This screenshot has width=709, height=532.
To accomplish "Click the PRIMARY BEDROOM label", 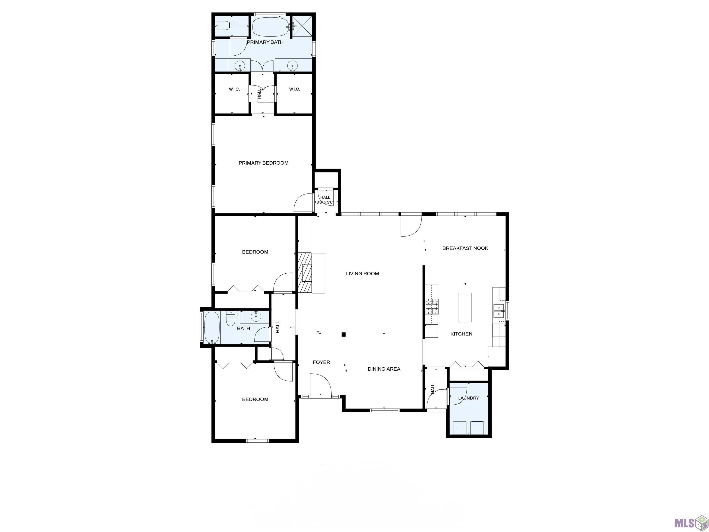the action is coord(264,163).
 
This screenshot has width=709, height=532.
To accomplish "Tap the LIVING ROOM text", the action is coord(363,274).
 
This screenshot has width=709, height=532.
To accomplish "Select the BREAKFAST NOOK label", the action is coord(465,248).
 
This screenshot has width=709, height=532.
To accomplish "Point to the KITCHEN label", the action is coord(461,334).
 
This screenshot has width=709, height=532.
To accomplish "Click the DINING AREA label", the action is coord(384,369).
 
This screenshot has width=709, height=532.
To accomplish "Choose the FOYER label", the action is coord(321,362).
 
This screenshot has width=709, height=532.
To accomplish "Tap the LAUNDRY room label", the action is coord(469,398).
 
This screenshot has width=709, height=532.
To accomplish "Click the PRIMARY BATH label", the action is coord(265,42).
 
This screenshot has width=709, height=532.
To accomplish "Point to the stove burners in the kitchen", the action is coord(432,306).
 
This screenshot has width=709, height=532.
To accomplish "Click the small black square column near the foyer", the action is coord(344,335).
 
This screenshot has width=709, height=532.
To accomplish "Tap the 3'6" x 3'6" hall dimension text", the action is coord(325,202).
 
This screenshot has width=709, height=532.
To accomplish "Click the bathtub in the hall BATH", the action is coord(212,328).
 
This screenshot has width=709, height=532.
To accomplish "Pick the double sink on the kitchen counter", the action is coord(499,311).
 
